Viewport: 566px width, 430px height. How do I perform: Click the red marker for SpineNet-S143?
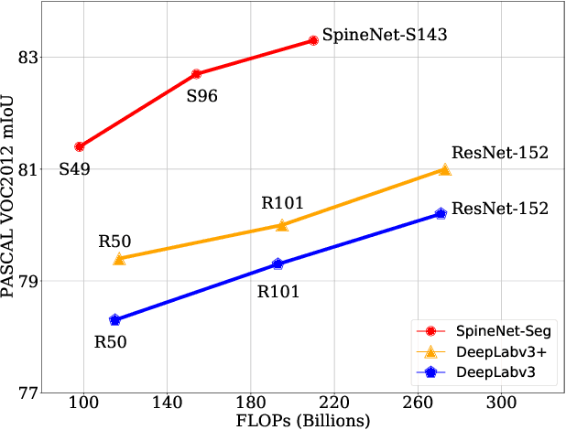pos(313,40)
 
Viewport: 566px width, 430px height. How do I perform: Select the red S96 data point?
pos(196,73)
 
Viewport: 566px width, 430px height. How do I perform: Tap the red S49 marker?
pos(80,146)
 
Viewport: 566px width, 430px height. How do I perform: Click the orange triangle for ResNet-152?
pos(444,169)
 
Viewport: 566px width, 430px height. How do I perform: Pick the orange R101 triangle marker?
pos(282,224)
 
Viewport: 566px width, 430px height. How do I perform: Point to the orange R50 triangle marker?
pos(119,259)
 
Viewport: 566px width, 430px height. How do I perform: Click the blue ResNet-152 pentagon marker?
pos(441,213)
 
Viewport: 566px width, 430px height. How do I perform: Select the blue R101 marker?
pos(278,263)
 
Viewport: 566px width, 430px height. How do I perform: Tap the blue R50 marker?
pos(114,320)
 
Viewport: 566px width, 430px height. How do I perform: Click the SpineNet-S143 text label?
pos(385,38)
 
